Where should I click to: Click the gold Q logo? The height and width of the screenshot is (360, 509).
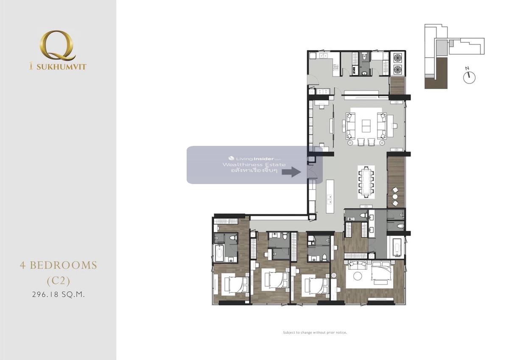pyautogui.click(x=57, y=46)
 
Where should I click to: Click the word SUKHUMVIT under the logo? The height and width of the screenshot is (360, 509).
pyautogui.click(x=62, y=67)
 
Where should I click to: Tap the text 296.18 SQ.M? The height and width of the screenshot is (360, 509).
pyautogui.click(x=59, y=295)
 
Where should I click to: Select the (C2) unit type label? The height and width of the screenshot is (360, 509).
pyautogui.click(x=59, y=281)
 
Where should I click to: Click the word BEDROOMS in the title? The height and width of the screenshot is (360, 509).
pyautogui.click(x=63, y=265)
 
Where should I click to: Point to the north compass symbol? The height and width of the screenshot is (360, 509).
pyautogui.click(x=469, y=76)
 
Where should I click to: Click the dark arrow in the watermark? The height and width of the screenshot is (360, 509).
pyautogui.click(x=291, y=172)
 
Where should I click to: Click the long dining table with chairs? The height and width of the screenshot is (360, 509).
pyautogui.click(x=366, y=182)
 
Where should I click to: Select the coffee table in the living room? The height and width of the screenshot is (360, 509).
pyautogui.click(x=366, y=126)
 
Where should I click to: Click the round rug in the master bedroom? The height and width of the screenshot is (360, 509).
pyautogui.click(x=358, y=276)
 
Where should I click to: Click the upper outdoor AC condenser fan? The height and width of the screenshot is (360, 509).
pyautogui.click(x=397, y=58)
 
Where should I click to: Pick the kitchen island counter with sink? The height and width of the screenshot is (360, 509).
pyautogui.click(x=330, y=196)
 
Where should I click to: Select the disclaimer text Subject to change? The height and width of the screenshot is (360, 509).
pyautogui.click(x=315, y=333)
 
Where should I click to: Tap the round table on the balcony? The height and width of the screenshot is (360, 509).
pyautogui.click(x=395, y=196)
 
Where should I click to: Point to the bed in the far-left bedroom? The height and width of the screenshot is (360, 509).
pyautogui.click(x=236, y=285)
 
